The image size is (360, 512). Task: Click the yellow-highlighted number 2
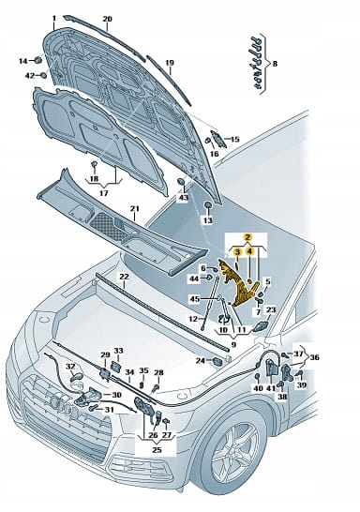[x=248, y=237]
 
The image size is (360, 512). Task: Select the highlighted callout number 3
[x=237, y=251]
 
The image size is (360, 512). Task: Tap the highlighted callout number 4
[x=249, y=251]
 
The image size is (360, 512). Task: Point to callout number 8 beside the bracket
[x=275, y=64]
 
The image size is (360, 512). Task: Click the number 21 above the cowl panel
[x=135, y=209]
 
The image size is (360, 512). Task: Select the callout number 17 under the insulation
[x=103, y=193]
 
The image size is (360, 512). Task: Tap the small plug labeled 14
[x=38, y=60]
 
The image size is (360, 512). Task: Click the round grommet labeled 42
[x=43, y=75]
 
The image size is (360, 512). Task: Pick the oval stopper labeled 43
[x=182, y=182]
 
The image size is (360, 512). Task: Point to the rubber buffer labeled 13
[x=207, y=205]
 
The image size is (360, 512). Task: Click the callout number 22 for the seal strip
[x=124, y=277]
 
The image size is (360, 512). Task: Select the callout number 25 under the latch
[x=157, y=449]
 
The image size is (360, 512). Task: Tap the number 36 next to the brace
[x=314, y=357]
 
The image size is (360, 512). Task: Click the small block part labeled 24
[x=217, y=361]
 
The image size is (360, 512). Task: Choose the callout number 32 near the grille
[x=70, y=367]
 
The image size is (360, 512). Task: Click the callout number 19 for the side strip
[x=170, y=63]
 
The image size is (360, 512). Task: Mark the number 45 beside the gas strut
[x=195, y=299]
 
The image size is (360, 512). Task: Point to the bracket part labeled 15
[x=218, y=139]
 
